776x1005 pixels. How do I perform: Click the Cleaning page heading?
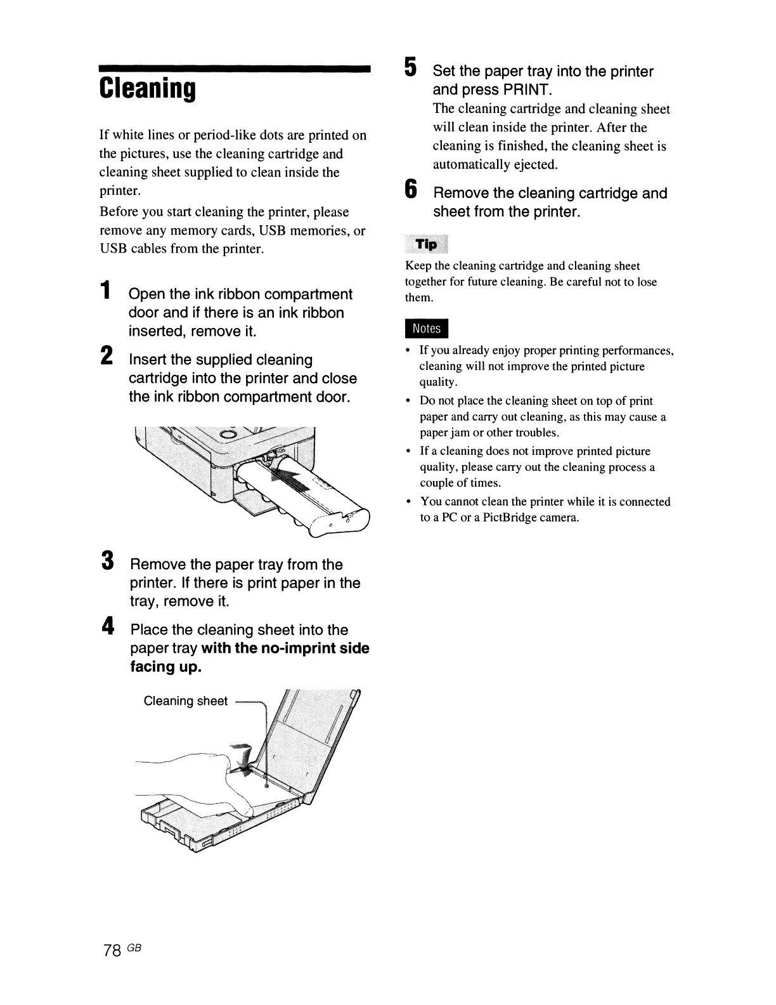[x=147, y=89]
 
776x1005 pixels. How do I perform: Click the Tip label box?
[x=426, y=244]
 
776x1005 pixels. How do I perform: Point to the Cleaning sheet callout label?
[x=185, y=701]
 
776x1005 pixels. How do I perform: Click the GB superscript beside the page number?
[x=133, y=947]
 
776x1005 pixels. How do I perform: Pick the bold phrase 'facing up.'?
[x=166, y=667]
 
